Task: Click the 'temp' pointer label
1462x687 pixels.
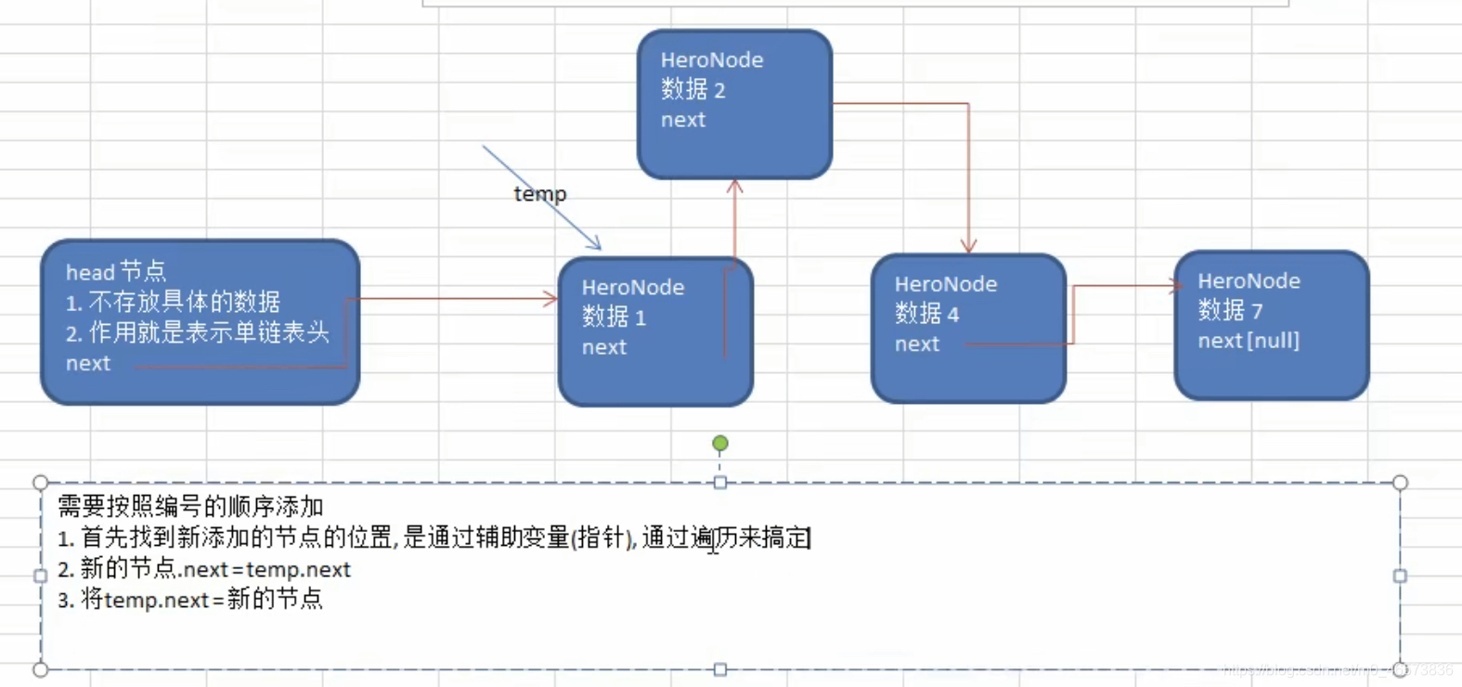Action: pyautogui.click(x=539, y=194)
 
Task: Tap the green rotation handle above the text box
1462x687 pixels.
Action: pyautogui.click(x=720, y=444)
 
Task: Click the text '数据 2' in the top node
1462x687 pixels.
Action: pyautogui.click(x=692, y=90)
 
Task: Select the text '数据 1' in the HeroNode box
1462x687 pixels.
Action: pyautogui.click(x=614, y=318)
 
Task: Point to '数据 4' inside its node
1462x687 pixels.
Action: pyautogui.click(x=926, y=314)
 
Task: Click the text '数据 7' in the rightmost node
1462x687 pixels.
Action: pyautogui.click(x=1230, y=310)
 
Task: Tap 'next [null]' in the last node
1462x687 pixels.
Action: pyautogui.click(x=1248, y=341)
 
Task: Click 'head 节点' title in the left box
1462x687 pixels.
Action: pyautogui.click(x=116, y=272)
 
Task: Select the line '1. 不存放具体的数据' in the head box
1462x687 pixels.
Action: pyautogui.click(x=173, y=302)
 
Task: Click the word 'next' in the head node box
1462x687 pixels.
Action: pyautogui.click(x=88, y=364)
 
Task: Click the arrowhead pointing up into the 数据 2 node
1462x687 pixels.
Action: pyautogui.click(x=735, y=186)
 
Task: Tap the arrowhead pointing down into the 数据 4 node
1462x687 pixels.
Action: pyautogui.click(x=968, y=247)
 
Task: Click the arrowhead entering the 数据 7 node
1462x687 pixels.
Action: pyautogui.click(x=1176, y=286)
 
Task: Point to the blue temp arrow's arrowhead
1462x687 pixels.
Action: pyautogui.click(x=596, y=245)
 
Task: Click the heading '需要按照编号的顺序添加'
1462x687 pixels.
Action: pyautogui.click(x=190, y=507)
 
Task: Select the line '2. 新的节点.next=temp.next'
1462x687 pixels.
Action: pyautogui.click(x=204, y=569)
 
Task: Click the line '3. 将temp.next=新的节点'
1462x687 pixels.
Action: pyautogui.click(x=190, y=600)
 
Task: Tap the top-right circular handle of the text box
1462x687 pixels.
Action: pyautogui.click(x=1400, y=483)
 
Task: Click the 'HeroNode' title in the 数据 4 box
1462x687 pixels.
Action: pyautogui.click(x=945, y=284)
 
